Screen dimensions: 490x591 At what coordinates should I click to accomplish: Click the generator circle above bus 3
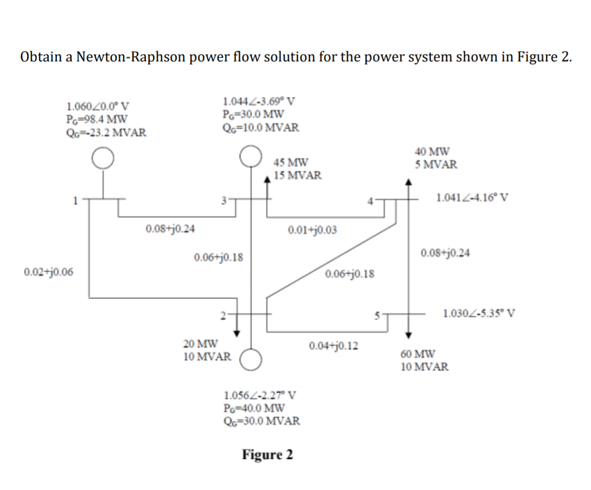tap(250, 156)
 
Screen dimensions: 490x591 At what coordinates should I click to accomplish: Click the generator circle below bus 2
tap(252, 359)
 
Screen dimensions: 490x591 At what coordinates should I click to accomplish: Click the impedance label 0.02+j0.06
tap(48, 272)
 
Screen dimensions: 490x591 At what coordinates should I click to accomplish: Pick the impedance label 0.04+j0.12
tap(333, 346)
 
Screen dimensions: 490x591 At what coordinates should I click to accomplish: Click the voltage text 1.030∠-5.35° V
tap(479, 315)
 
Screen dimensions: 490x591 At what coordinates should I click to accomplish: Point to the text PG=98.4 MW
tap(96, 119)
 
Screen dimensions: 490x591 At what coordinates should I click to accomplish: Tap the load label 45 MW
tap(291, 163)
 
